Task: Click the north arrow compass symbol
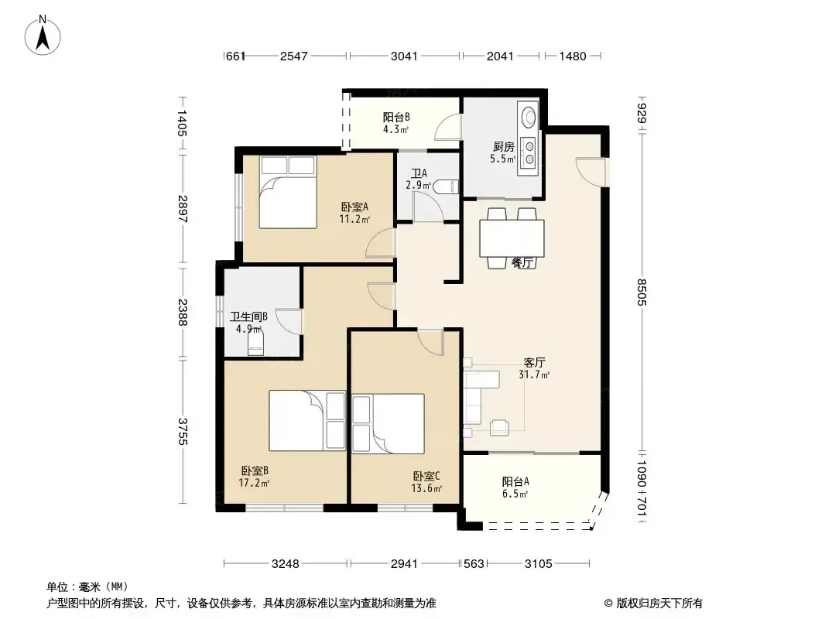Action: (x=43, y=36)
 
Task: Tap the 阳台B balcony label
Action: (x=396, y=118)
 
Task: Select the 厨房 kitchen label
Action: (x=503, y=147)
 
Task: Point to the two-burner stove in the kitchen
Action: (x=529, y=152)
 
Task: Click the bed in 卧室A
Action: (x=288, y=192)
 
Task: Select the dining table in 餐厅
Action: (x=512, y=238)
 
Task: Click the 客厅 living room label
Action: (x=534, y=362)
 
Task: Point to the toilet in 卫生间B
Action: (x=255, y=343)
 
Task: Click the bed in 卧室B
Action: (x=307, y=420)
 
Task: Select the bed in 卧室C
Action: (x=389, y=423)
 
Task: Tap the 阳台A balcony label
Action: (x=515, y=481)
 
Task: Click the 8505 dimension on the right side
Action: (x=642, y=292)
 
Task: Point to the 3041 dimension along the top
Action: (x=404, y=56)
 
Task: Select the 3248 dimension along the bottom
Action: (x=285, y=564)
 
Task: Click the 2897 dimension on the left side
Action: (x=183, y=209)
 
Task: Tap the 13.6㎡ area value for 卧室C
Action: (x=426, y=488)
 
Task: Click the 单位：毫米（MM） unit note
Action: (x=87, y=587)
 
